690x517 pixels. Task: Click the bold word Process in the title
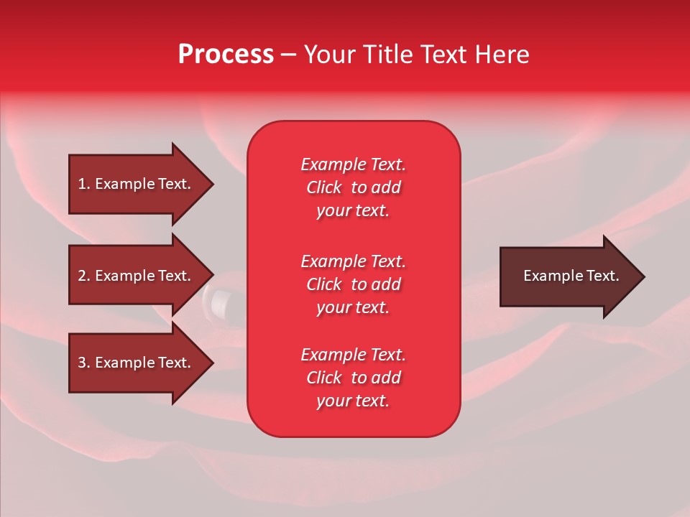(226, 55)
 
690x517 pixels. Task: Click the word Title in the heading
(387, 55)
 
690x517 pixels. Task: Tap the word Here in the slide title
(502, 55)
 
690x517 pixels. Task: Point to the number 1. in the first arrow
(84, 184)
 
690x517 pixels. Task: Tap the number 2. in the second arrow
(84, 276)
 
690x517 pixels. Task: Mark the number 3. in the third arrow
(84, 363)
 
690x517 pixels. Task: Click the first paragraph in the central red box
(353, 187)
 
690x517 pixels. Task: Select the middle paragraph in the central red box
(353, 284)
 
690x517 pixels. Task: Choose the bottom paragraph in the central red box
(353, 378)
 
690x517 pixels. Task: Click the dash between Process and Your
(288, 55)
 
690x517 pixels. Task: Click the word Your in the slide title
(331, 55)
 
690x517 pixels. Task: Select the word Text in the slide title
(442, 55)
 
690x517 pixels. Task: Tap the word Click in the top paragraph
(324, 187)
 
